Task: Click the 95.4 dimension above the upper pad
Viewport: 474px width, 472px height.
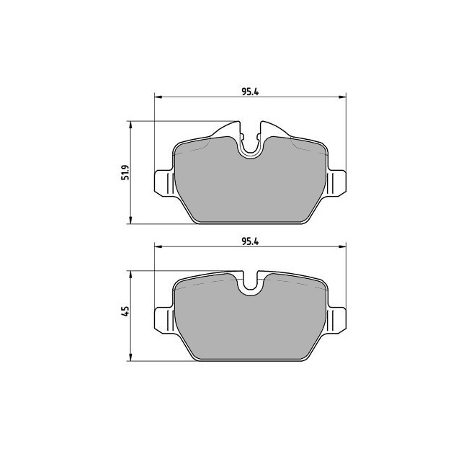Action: [x=250, y=92]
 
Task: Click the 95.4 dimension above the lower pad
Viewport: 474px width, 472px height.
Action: [x=250, y=241]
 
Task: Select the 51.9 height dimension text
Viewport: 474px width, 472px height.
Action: [x=125, y=172]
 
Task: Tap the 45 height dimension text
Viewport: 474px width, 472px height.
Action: [x=125, y=311]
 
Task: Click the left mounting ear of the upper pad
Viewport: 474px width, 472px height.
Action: [x=164, y=184]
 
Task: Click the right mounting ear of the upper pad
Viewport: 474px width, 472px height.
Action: [x=336, y=182]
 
